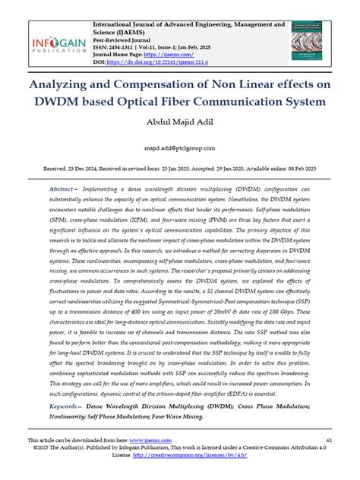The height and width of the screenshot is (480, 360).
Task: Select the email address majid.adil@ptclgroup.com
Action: pos(180,149)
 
